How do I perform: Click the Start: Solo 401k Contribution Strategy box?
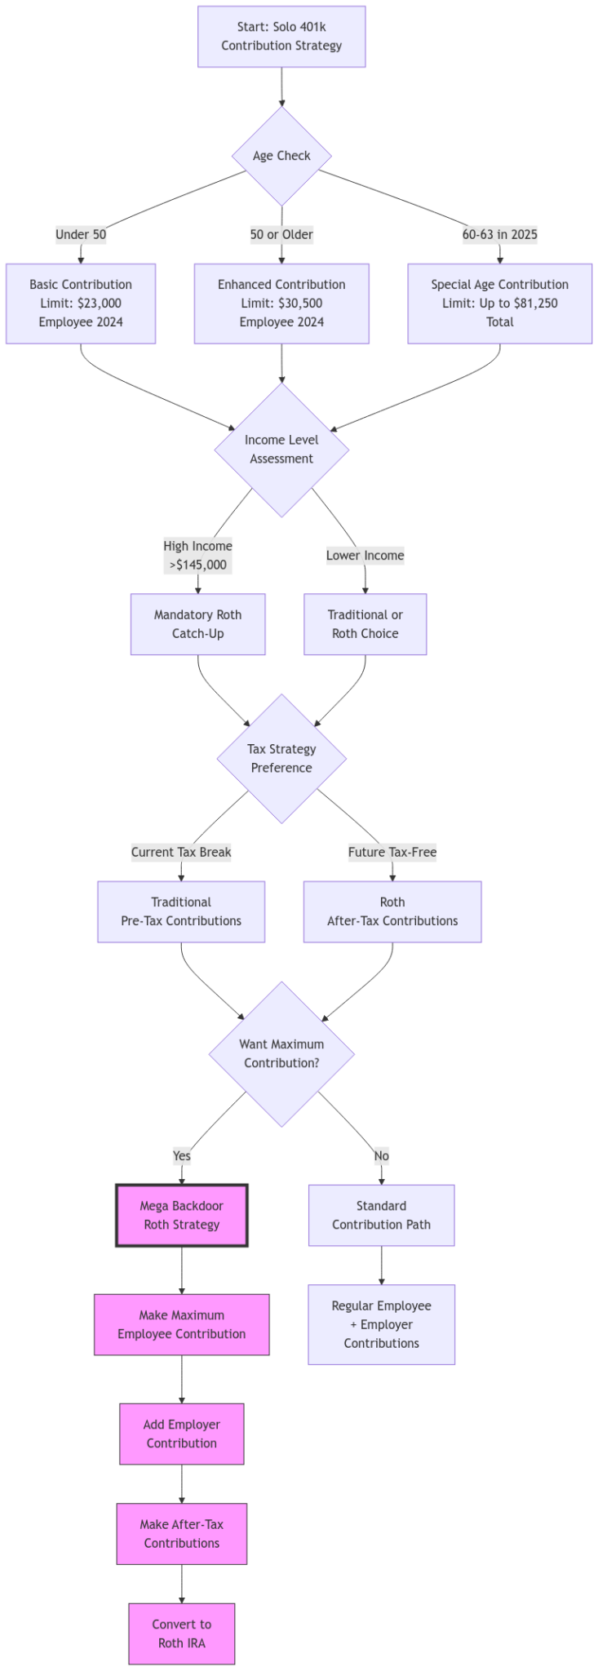[x=281, y=37]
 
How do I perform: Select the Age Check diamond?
[x=281, y=156]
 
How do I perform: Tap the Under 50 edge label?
[x=81, y=235]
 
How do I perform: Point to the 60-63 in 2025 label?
[x=499, y=235]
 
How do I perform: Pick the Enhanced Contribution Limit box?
[x=281, y=304]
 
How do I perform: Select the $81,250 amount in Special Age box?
[x=535, y=304]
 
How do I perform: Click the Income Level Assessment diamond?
[x=281, y=450]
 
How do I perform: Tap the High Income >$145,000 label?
[x=197, y=556]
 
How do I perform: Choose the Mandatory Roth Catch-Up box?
[x=197, y=624]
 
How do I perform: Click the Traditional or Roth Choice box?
[x=365, y=624]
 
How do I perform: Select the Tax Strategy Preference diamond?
[x=281, y=758]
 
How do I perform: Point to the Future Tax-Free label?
[x=392, y=853]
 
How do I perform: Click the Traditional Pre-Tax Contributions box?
[x=181, y=911]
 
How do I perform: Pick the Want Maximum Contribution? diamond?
[x=281, y=1053]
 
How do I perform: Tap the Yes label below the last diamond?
[x=181, y=1156]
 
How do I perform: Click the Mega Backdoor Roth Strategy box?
[x=181, y=1215]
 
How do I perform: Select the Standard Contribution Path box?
[x=381, y=1215]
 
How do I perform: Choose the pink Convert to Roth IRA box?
[x=181, y=1633]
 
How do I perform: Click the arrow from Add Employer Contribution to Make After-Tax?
[x=181, y=1484]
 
